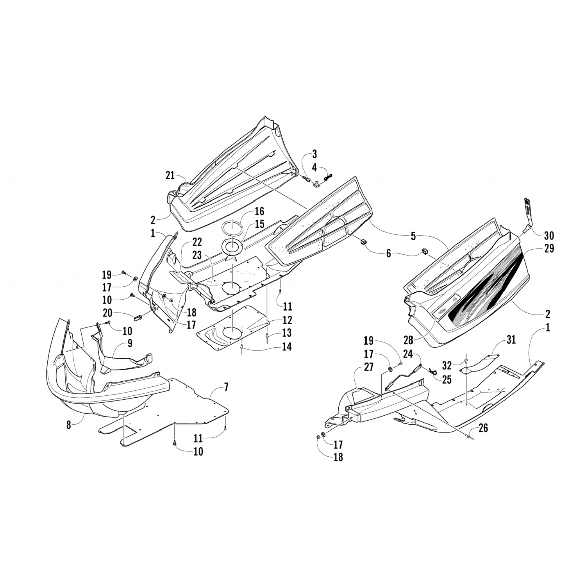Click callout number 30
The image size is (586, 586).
tap(549, 236)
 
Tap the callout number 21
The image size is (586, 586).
tap(170, 176)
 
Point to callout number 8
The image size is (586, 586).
tap(69, 425)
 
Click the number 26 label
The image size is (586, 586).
tap(483, 428)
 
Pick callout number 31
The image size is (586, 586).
tap(510, 339)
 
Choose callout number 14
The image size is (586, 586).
tap(287, 346)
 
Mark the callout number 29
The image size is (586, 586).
tap(549, 248)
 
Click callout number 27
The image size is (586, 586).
tap(368, 367)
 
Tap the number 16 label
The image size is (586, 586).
tap(259, 212)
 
